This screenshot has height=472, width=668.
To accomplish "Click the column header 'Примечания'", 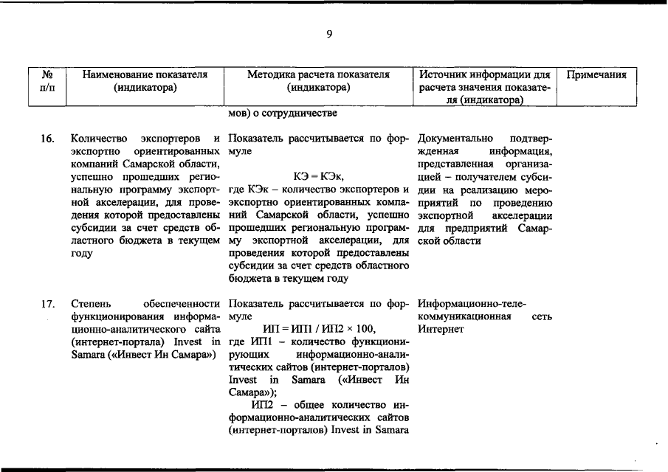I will (x=596, y=74).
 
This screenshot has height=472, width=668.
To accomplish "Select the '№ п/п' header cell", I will (x=47, y=81).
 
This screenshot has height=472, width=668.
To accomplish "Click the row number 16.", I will (x=47, y=138).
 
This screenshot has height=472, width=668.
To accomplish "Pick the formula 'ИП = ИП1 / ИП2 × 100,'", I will (x=319, y=328).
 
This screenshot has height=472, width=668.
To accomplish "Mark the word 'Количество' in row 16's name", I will (x=99, y=138).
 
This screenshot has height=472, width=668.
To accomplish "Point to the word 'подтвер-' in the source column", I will (x=531, y=138).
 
